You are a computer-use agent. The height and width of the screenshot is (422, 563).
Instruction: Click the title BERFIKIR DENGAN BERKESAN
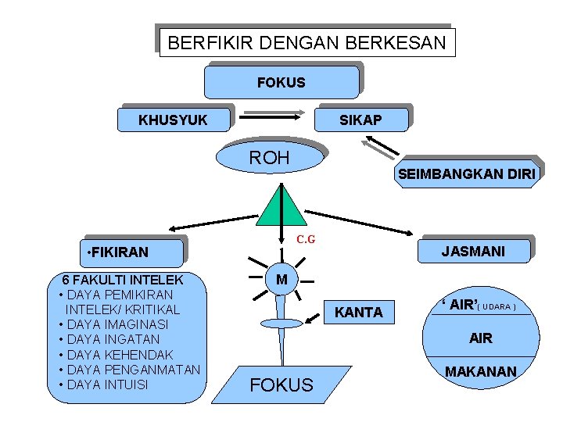307,42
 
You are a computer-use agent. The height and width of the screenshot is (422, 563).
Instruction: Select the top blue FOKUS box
281,82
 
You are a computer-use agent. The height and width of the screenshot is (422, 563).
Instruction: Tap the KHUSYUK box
174,120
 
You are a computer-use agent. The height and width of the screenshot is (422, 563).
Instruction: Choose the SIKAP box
361,120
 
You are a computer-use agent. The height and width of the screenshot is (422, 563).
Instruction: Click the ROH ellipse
269,159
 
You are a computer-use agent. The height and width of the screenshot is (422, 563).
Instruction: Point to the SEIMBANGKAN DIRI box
467,175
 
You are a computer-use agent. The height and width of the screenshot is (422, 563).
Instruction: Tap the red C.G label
305,239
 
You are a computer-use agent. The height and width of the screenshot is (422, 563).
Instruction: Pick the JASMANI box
473,251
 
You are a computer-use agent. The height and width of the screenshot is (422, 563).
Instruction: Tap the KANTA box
359,313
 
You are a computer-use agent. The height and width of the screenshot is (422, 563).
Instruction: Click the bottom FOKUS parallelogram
281,384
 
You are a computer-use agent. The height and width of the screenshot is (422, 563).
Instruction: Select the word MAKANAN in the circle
481,372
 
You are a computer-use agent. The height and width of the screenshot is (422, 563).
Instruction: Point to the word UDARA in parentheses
498,306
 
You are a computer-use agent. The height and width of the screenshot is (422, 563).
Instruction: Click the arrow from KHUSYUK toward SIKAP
271,115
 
